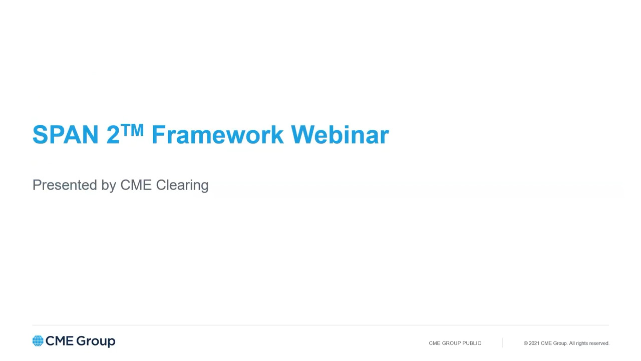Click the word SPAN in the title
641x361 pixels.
(x=66, y=134)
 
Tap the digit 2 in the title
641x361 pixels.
(x=113, y=134)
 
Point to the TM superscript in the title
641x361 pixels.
(x=132, y=130)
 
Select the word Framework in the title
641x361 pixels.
(x=217, y=134)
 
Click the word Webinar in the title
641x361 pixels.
(x=340, y=134)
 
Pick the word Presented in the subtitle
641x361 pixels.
(x=65, y=185)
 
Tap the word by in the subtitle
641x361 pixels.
(x=109, y=186)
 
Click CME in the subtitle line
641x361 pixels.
(x=136, y=185)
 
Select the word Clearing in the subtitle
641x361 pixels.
(x=182, y=186)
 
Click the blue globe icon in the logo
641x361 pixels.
(x=38, y=341)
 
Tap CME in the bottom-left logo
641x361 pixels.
(x=60, y=341)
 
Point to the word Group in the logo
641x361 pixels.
(x=96, y=341)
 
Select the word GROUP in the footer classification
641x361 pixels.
(x=451, y=343)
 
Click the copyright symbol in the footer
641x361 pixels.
(x=526, y=343)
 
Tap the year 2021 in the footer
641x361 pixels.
(x=534, y=343)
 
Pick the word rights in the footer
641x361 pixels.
(x=581, y=343)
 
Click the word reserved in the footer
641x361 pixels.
(x=599, y=343)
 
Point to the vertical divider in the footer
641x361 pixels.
(x=502, y=342)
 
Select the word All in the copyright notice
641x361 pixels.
(x=571, y=343)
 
